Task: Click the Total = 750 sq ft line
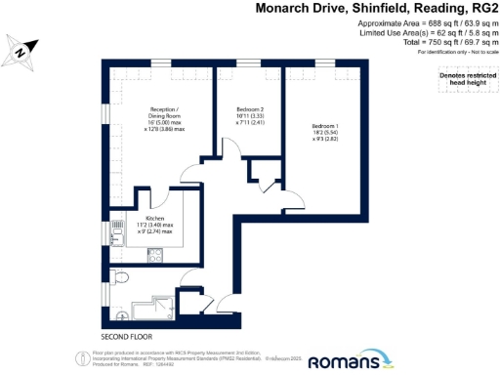(430, 42)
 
